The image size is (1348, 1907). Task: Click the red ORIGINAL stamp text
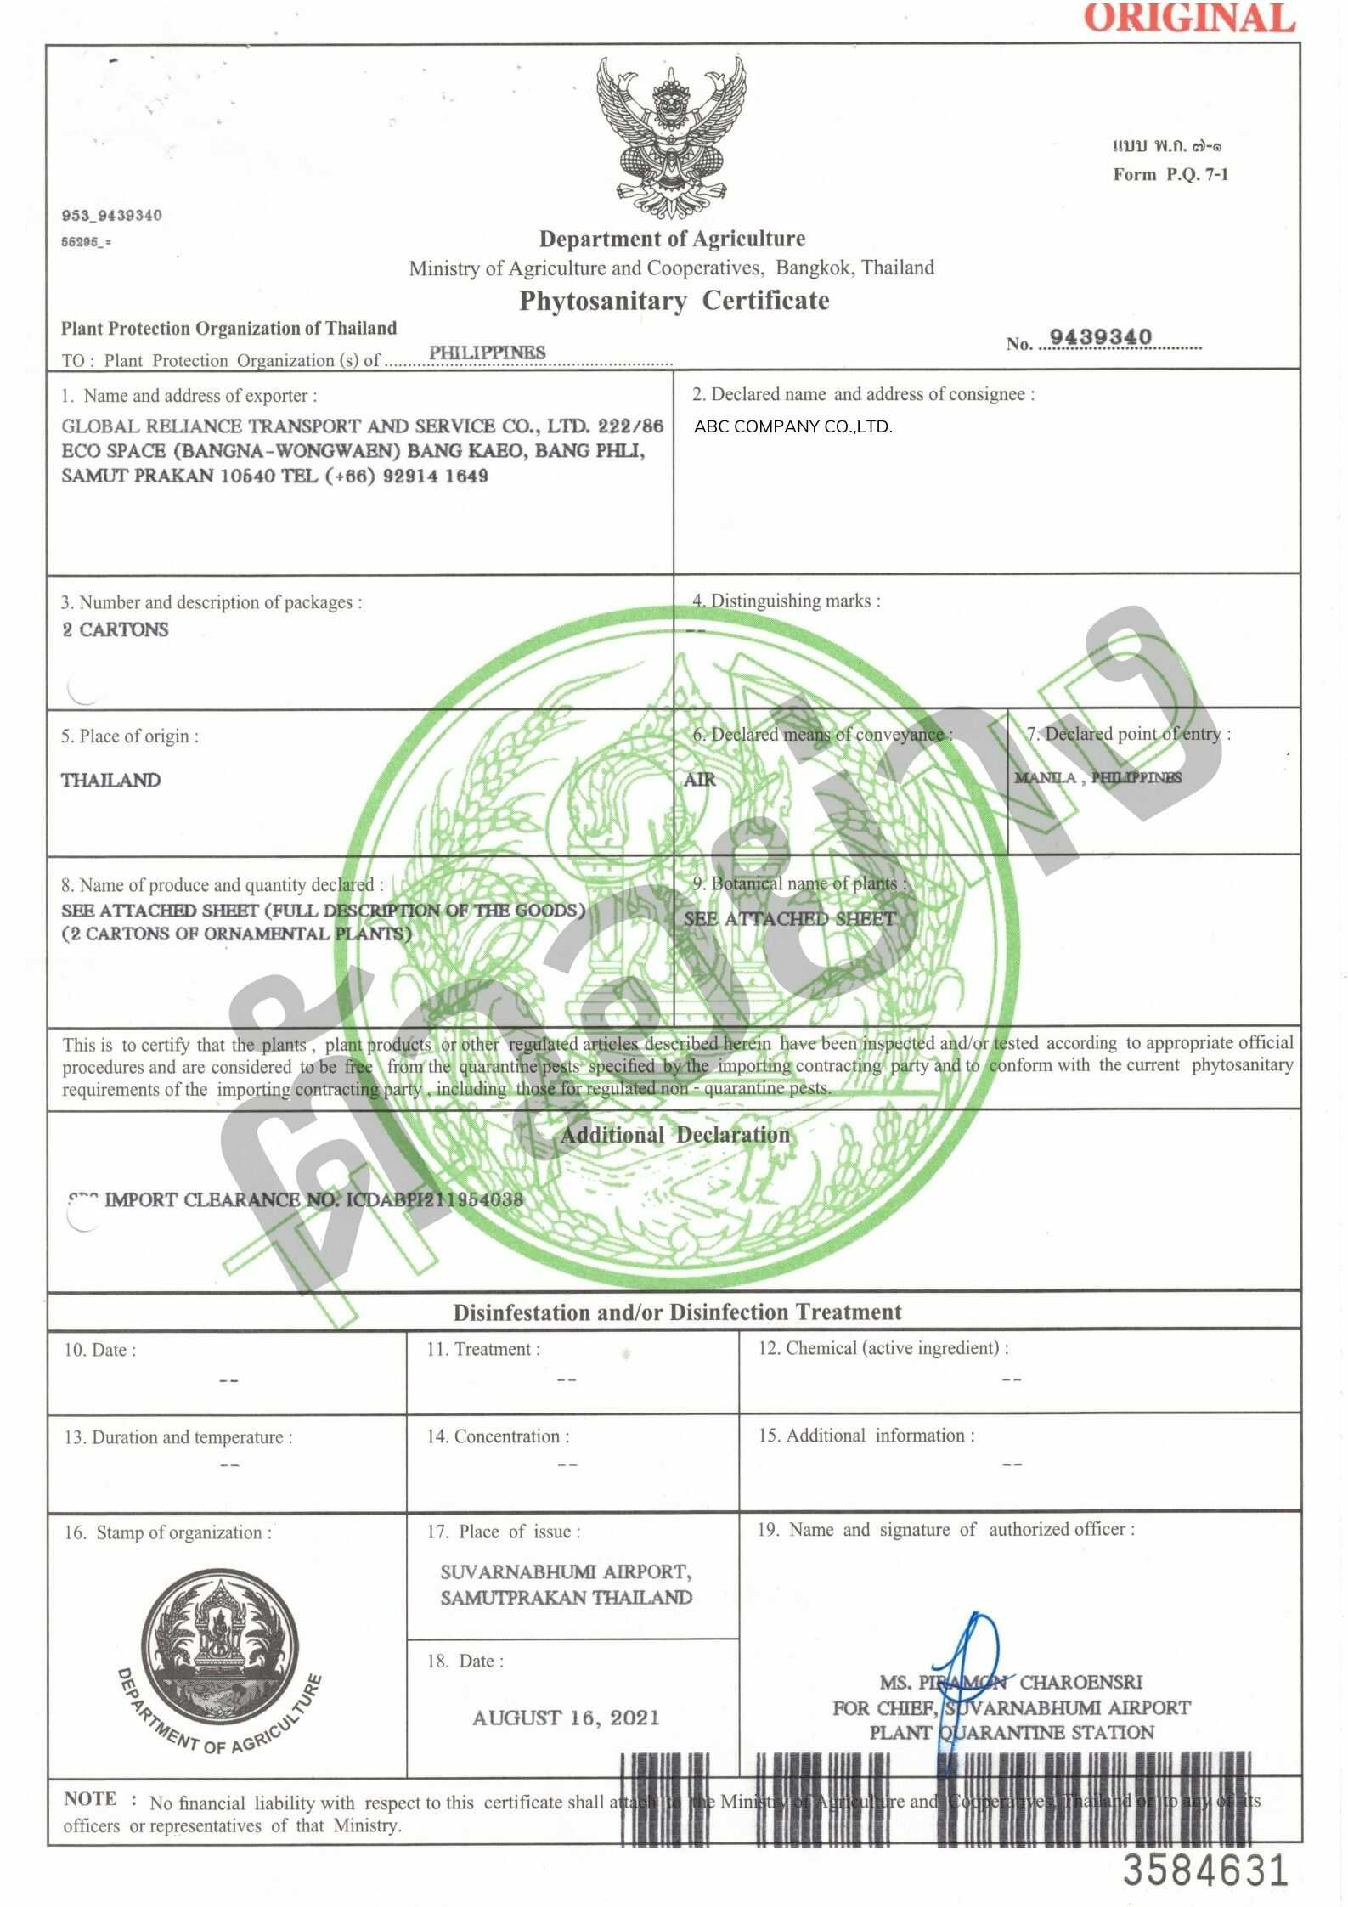pyautogui.click(x=1189, y=19)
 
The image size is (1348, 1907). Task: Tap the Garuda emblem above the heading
pyautogui.click(x=671, y=136)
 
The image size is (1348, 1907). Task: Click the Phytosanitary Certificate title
pyautogui.click(x=674, y=301)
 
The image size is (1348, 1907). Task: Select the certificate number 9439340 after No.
pyautogui.click(x=1101, y=337)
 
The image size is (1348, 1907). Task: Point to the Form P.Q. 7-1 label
pyautogui.click(x=1170, y=175)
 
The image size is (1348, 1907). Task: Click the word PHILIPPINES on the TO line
pyautogui.click(x=487, y=352)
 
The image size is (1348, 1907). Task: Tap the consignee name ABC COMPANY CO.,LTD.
pyautogui.click(x=792, y=427)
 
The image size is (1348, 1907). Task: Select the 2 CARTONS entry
pyautogui.click(x=116, y=629)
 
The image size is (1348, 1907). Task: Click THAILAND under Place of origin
pyautogui.click(x=110, y=780)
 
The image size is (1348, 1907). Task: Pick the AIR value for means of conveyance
pyautogui.click(x=700, y=779)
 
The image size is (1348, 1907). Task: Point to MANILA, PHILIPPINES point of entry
pyautogui.click(x=1097, y=777)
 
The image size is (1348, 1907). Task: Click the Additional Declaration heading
pyautogui.click(x=674, y=1135)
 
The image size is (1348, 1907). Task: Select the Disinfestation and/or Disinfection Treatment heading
pyautogui.click(x=677, y=1312)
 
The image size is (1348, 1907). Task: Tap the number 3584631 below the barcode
pyautogui.click(x=1206, y=1870)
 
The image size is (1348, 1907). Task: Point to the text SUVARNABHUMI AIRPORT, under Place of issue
pyautogui.click(x=565, y=1571)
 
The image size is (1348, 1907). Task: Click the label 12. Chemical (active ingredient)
pyautogui.click(x=883, y=1348)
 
